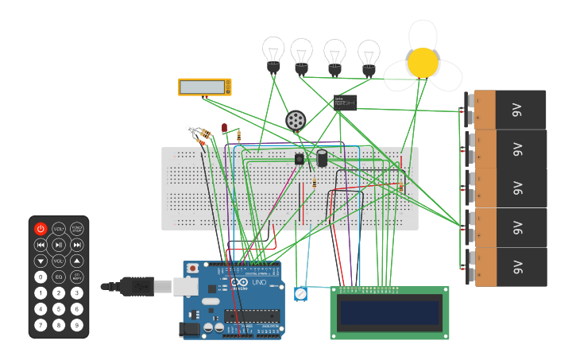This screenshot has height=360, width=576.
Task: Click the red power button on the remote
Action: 41,229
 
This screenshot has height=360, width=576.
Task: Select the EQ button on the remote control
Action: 59,277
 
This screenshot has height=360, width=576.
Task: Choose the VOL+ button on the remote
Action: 59,229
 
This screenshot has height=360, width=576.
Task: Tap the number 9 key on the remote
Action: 76,325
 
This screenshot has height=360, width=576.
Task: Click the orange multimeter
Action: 204,87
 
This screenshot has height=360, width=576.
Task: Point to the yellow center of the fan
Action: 423,62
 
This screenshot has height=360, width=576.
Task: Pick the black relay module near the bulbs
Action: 345,102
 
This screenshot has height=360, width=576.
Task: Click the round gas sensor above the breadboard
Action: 296,120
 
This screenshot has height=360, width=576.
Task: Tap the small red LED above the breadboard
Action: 225,127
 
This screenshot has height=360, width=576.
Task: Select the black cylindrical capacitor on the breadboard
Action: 323,157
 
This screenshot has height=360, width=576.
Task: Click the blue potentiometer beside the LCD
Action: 300,295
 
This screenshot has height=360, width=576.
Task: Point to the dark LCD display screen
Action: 389,312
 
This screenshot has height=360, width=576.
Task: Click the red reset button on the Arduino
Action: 193,269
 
